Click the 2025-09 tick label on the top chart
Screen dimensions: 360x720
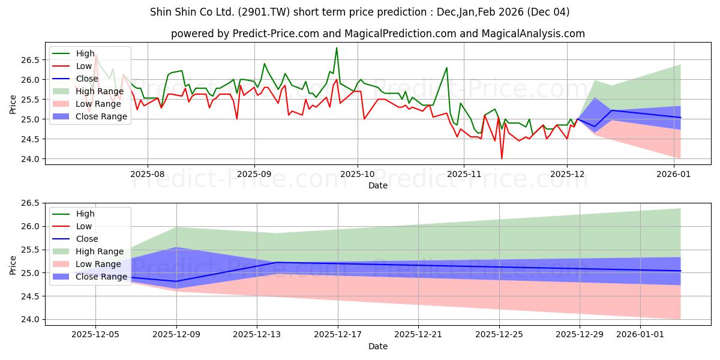pyautogui.click(x=254, y=174)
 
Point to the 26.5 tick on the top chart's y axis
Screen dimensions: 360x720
pyautogui.click(x=30, y=60)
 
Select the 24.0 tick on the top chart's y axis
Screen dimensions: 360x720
pyautogui.click(x=30, y=159)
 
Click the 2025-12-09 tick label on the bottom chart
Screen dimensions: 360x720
pyautogui.click(x=176, y=334)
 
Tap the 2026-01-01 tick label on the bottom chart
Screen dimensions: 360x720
pyautogui.click(x=640, y=334)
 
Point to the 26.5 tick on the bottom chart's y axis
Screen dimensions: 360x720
pyautogui.click(x=30, y=203)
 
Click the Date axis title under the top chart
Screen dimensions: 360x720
pyautogui.click(x=378, y=185)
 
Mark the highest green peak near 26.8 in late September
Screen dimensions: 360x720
pyautogui.click(x=337, y=48)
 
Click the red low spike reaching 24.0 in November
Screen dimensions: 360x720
pyautogui.click(x=502, y=158)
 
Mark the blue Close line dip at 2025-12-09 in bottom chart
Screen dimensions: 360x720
pyautogui.click(x=176, y=281)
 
